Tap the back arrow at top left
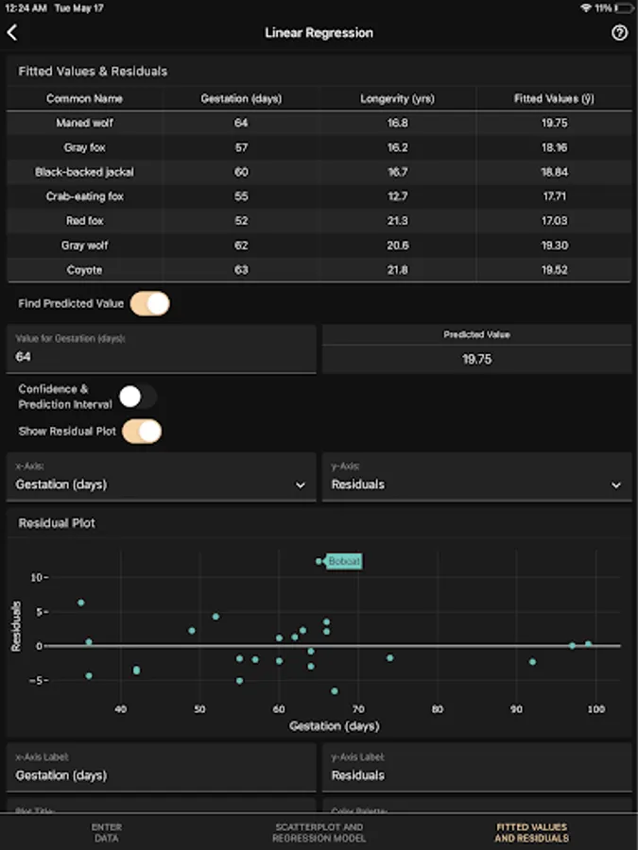point(12,32)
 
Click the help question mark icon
point(619,32)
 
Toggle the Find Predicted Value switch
point(149,303)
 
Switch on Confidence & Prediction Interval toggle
point(137,397)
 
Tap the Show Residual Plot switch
point(142,432)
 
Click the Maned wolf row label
point(85,123)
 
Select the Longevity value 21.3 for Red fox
point(397,221)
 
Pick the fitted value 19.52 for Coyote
point(554,270)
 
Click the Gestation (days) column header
point(241,98)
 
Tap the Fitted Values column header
point(554,98)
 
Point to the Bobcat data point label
point(344,561)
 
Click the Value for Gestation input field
point(161,357)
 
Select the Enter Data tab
point(106,832)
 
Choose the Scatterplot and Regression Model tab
point(319,832)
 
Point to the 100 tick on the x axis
point(595,709)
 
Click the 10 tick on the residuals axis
point(37,577)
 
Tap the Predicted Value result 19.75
point(476,359)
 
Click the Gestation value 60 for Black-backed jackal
point(241,172)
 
